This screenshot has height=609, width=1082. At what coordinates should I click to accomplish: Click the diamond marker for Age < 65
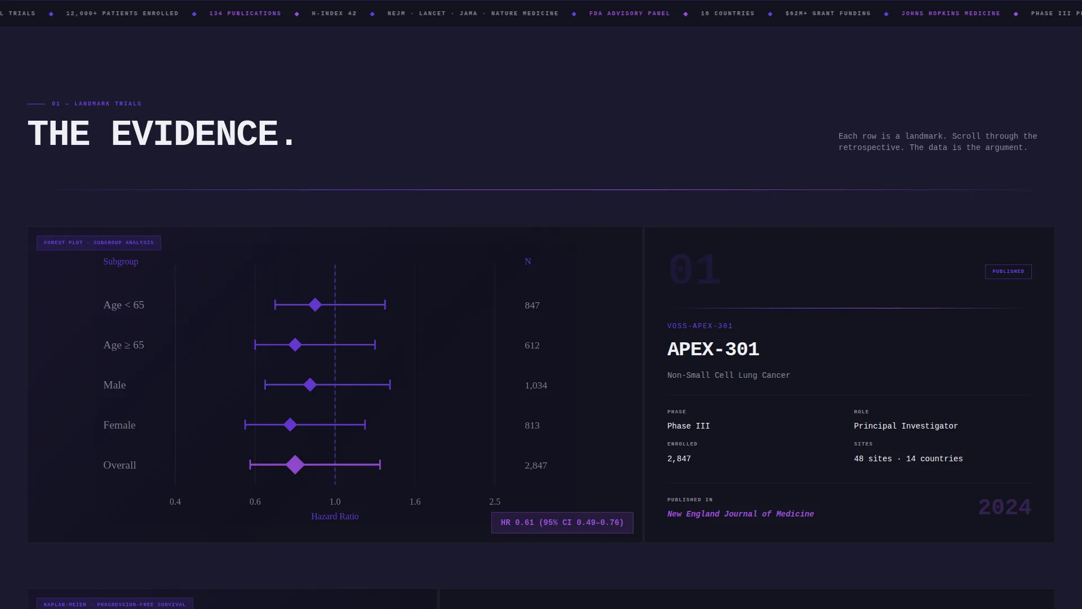(315, 305)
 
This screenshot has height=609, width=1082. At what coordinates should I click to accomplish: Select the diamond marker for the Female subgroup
(290, 425)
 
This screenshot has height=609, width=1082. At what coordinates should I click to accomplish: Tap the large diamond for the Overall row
(295, 465)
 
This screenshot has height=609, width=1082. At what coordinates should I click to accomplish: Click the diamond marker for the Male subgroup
(310, 385)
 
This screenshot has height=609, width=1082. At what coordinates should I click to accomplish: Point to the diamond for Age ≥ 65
(295, 345)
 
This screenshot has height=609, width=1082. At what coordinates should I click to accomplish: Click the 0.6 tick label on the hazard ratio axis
(255, 502)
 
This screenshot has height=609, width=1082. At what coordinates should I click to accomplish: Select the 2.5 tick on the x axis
(495, 502)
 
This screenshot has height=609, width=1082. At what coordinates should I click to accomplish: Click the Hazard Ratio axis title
(335, 517)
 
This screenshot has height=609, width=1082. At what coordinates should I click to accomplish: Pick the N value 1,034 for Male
(536, 386)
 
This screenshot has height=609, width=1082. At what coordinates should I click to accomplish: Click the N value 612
(532, 346)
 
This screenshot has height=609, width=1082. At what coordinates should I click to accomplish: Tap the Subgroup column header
(121, 262)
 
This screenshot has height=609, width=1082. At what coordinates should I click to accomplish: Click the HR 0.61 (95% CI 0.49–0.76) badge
(562, 523)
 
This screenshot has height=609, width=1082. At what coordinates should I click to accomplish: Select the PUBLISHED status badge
(1008, 272)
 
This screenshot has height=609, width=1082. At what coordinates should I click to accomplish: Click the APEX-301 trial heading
(713, 349)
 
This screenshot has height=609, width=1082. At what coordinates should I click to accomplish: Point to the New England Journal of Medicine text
(740, 514)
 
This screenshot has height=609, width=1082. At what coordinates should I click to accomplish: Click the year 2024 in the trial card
(1005, 507)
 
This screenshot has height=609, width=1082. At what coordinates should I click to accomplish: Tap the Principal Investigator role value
(906, 426)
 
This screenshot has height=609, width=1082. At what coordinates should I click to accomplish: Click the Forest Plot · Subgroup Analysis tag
(99, 243)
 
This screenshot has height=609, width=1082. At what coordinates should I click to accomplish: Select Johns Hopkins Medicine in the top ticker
(951, 14)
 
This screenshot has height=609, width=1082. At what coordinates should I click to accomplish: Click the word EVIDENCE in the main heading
(194, 134)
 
